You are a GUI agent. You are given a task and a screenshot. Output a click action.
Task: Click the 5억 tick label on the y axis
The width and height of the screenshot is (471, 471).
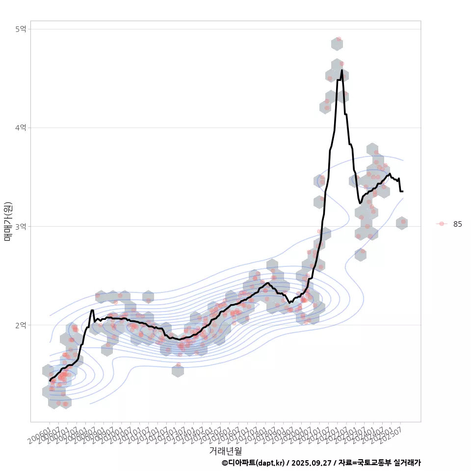click(20, 29)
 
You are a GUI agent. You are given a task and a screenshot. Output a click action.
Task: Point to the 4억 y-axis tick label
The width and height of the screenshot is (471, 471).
click(20, 128)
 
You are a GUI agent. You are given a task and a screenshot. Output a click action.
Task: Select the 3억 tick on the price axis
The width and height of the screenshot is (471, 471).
click(20, 226)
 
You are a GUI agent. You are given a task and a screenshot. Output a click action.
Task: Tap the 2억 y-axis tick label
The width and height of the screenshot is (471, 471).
click(20, 325)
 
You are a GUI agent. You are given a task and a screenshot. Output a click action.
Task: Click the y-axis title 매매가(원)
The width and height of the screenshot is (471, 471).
click(7, 221)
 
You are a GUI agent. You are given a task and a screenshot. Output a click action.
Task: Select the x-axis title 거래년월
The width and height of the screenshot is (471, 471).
click(225, 450)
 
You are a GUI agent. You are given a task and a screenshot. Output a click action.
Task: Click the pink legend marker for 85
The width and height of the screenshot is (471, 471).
click(442, 224)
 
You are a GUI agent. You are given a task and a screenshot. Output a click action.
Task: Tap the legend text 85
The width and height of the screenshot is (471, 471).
click(457, 224)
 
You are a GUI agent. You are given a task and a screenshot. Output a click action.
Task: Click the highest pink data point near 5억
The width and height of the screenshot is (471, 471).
click(339, 39)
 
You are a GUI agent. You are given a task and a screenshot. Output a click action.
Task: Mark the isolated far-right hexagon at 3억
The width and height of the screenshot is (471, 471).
click(402, 223)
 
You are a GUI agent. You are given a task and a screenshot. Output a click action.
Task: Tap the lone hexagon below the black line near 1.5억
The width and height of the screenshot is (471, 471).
click(178, 370)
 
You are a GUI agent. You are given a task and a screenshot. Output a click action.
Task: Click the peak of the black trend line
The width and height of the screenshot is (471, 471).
click(342, 70)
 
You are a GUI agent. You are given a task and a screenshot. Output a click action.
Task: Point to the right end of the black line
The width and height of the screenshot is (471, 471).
click(403, 191)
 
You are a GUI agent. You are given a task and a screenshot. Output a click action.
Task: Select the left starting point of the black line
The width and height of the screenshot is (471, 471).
click(50, 380)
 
